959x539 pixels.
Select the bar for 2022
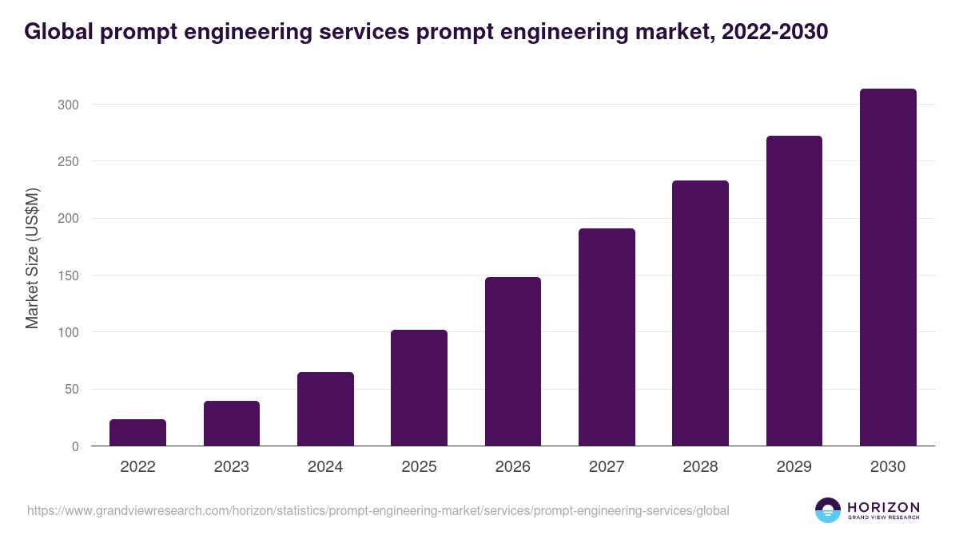click(x=137, y=432)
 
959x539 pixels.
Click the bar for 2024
click(x=325, y=409)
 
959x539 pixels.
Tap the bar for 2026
click(x=512, y=362)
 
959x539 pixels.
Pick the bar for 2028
click(x=700, y=313)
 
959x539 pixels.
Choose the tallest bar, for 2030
click(x=888, y=268)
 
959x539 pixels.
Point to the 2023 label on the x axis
click(x=231, y=467)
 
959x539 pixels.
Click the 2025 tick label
click(x=419, y=467)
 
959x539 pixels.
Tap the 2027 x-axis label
click(x=607, y=467)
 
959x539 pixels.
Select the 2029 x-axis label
click(x=794, y=467)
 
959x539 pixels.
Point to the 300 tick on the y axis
click(x=68, y=105)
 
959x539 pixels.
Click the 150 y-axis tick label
click(x=68, y=275)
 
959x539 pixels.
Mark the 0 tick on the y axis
click(x=75, y=446)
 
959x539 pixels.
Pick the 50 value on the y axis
click(x=71, y=390)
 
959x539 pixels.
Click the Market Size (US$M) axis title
click(x=32, y=259)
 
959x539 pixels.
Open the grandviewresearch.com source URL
click(x=378, y=510)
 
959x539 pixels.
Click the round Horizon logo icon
click(x=828, y=510)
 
